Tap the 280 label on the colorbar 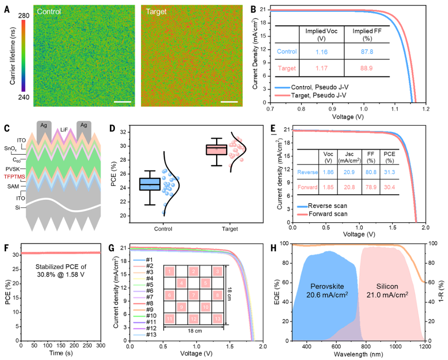coord(23,16)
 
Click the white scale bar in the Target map coord(229,102)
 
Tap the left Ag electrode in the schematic coord(45,126)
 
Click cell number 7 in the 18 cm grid coord(193,295)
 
